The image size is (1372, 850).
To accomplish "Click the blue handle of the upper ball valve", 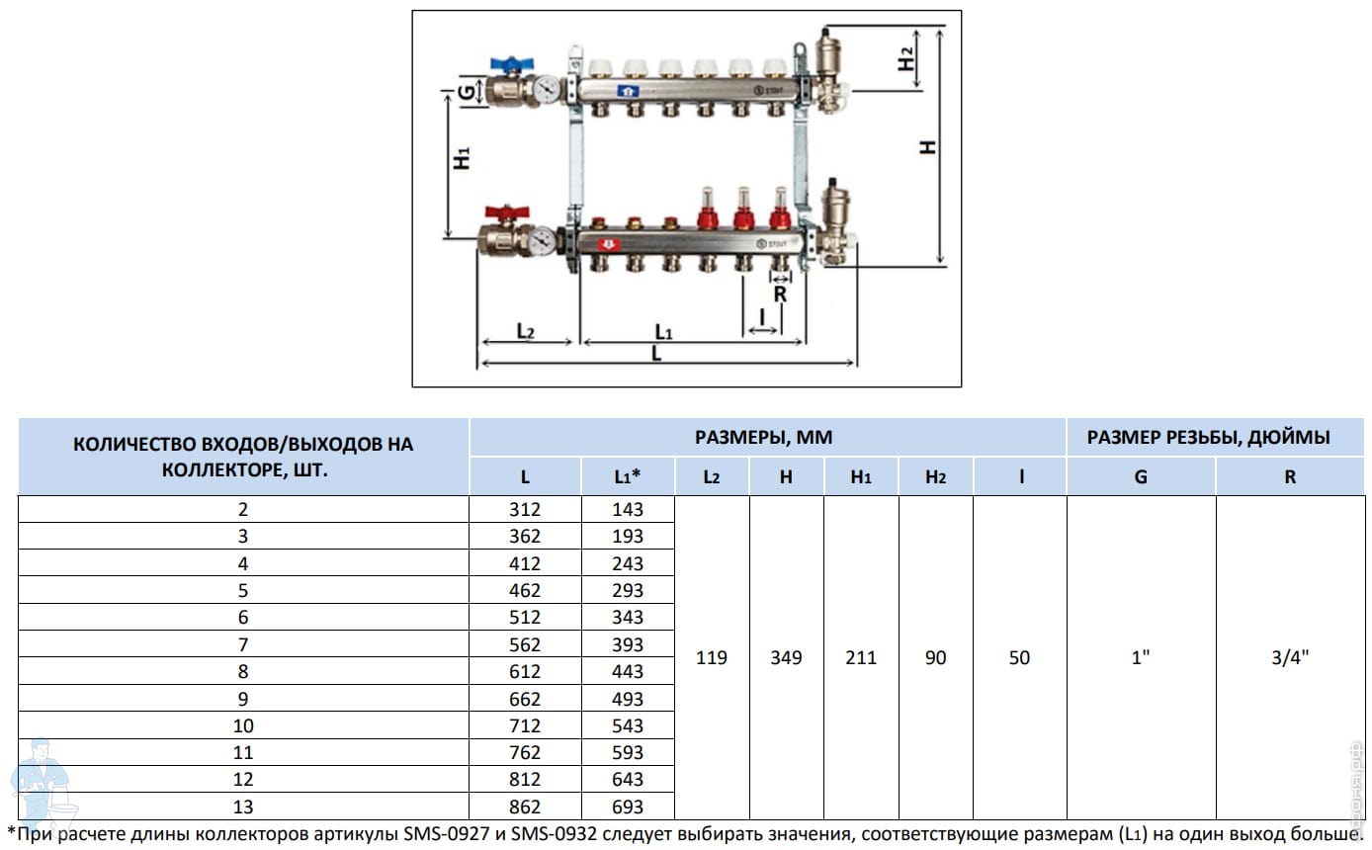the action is (511, 63).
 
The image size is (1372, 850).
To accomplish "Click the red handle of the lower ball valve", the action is (506, 212).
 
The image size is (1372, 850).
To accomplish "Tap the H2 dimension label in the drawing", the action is (906, 58).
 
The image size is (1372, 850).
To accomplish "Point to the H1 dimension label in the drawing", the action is (462, 158).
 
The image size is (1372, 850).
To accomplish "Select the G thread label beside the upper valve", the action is (467, 93).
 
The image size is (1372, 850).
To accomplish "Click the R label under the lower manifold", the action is (780, 295).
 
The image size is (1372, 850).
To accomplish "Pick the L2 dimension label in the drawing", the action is (526, 331).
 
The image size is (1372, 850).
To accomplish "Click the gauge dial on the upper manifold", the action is (547, 89).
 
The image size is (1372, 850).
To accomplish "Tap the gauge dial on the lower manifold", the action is (543, 241).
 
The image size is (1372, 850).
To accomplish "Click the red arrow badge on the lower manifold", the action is (609, 245).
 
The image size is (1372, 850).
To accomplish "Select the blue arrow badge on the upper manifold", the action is (628, 92).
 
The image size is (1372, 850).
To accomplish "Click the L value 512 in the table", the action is (525, 618).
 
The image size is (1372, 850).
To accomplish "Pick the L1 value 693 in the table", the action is (628, 807).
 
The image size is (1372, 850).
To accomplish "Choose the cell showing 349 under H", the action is (786, 657).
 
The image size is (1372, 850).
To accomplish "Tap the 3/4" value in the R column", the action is (1290, 657).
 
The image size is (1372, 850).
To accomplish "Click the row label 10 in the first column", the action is (243, 725).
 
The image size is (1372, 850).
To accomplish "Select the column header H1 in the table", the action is (861, 477).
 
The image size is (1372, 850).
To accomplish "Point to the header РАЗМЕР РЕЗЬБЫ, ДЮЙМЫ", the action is (1209, 438).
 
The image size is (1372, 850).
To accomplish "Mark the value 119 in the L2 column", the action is (711, 657).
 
